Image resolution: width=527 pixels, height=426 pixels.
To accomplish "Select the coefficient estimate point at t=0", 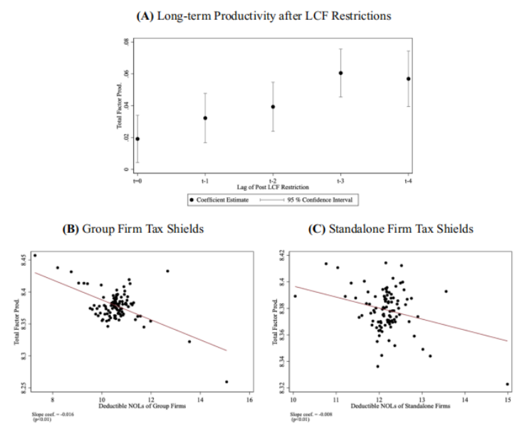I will pyautogui.click(x=137, y=139).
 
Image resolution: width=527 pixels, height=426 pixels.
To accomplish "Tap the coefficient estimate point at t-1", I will pyautogui.click(x=205, y=118).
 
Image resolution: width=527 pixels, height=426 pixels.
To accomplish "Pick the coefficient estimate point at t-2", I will pyautogui.click(x=273, y=107).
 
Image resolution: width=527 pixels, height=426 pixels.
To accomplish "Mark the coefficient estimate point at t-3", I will pyautogui.click(x=340, y=73).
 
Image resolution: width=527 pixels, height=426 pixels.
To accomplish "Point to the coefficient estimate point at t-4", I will pyautogui.click(x=408, y=79).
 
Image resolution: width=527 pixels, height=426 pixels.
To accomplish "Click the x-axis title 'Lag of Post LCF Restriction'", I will pyautogui.click(x=273, y=187).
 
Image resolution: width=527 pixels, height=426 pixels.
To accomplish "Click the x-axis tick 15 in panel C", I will pyautogui.click(x=507, y=400).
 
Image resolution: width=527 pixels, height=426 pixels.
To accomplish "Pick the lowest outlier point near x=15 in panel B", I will pyautogui.click(x=226, y=382).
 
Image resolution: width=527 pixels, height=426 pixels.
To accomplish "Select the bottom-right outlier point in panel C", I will pyautogui.click(x=507, y=384).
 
